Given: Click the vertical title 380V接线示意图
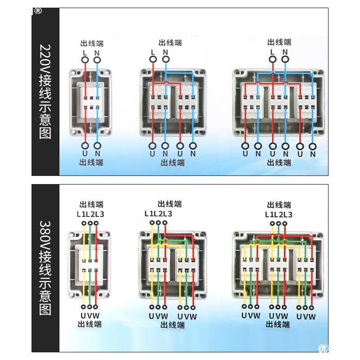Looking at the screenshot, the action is [x=45, y=267].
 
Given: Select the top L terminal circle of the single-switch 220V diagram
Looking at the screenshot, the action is [x=85, y=60].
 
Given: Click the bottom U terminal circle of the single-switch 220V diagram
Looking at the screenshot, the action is [x=85, y=145].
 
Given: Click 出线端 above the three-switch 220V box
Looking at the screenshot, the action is [x=279, y=42].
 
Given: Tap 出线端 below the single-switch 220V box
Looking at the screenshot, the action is [x=91, y=162].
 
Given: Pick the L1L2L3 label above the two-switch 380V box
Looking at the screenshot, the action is [x=158, y=213].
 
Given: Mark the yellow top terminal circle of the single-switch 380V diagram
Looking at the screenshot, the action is [x=84, y=223].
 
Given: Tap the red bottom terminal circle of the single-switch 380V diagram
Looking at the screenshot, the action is [x=97, y=307].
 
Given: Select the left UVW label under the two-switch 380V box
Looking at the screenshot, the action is [x=158, y=316].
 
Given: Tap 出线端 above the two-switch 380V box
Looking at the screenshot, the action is [x=170, y=204].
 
